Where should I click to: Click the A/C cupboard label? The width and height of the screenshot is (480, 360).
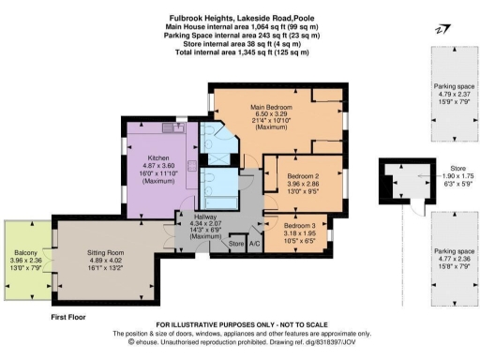pos(254,245)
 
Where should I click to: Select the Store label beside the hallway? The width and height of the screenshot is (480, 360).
pos(235,245)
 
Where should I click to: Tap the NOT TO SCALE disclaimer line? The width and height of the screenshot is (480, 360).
pos(240,325)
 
